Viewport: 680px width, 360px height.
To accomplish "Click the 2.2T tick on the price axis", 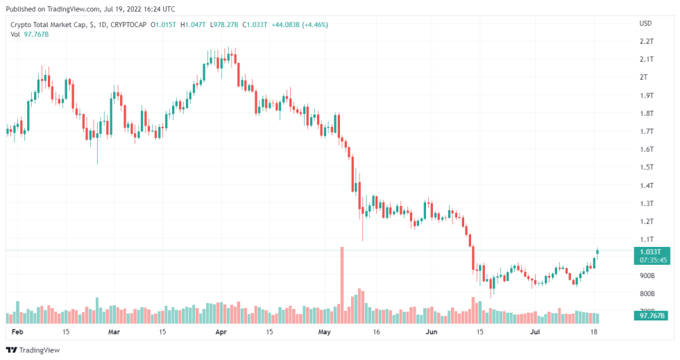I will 647,42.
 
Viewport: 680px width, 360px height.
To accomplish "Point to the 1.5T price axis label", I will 647,167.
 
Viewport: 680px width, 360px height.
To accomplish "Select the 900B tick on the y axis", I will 647,275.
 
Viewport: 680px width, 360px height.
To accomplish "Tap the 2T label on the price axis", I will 643,77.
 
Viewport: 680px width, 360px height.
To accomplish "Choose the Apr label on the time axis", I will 221,333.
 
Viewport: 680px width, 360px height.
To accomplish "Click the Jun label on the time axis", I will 431,333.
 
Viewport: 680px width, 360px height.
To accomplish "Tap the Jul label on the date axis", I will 534,333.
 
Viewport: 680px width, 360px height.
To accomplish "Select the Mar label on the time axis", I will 114,333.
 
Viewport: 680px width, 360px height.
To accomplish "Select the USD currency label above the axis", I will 645,23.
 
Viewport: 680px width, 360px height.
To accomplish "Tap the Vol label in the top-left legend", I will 16,35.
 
